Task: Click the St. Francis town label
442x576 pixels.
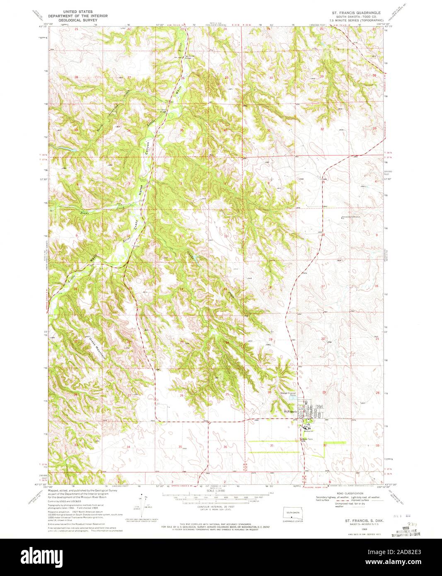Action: click(290, 411)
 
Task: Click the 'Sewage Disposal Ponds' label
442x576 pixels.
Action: click(289, 394)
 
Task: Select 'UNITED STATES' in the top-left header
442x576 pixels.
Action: click(73, 13)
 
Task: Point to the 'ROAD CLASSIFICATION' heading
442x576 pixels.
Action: click(350, 494)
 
